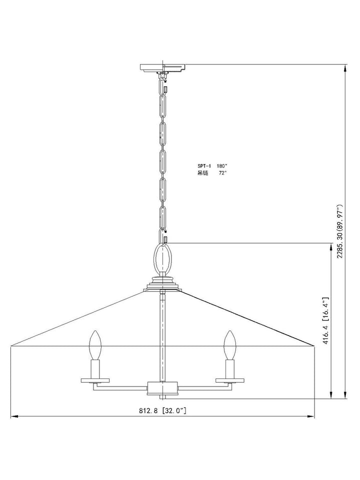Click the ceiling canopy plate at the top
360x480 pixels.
pos(162,68)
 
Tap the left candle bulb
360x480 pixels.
pos(95,345)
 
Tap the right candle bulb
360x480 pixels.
pos(229,345)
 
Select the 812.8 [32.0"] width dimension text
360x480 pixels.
pos(162,411)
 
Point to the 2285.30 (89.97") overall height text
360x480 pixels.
pos(340,231)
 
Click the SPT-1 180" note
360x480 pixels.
pos(212,166)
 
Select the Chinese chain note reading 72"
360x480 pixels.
pos(212,173)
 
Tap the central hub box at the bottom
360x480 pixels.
pos(162,388)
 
